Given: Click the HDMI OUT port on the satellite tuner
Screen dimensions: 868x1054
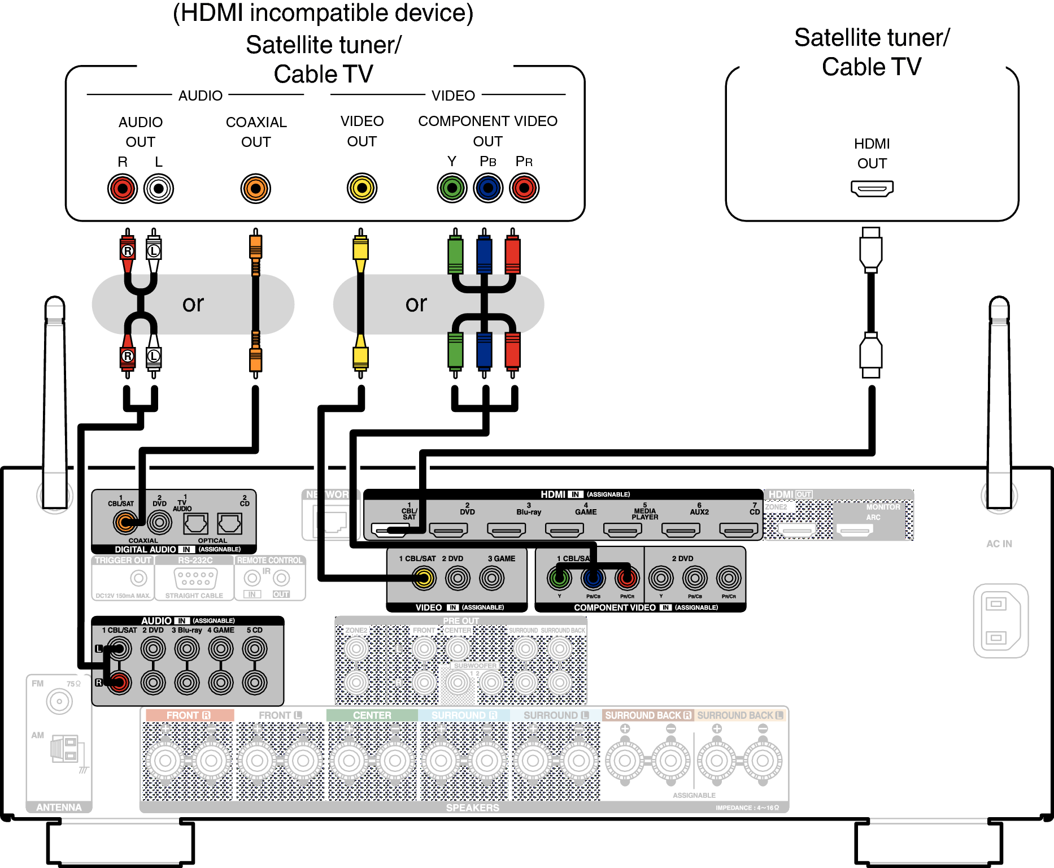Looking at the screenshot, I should pyautogui.click(x=872, y=188).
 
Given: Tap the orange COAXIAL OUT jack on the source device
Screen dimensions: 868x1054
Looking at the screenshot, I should pyautogui.click(x=255, y=188).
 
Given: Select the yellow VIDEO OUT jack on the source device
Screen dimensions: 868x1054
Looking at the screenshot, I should pyautogui.click(x=362, y=188).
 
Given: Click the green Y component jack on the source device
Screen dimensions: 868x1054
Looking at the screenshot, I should pyautogui.click(x=452, y=188).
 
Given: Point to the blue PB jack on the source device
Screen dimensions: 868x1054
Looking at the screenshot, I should pyautogui.click(x=488, y=188).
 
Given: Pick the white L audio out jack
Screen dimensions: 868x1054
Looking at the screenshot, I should pyautogui.click(x=159, y=188).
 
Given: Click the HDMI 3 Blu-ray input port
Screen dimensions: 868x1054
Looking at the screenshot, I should pyautogui.click(x=507, y=530).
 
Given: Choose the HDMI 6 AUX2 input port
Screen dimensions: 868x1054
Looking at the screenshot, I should pyautogui.click(x=681, y=530).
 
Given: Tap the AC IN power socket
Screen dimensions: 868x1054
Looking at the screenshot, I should pyautogui.click(x=1000, y=620).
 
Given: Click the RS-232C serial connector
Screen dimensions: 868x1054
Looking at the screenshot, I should pyautogui.click(x=195, y=578).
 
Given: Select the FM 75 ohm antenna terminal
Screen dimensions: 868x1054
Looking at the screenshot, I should pyautogui.click(x=59, y=702).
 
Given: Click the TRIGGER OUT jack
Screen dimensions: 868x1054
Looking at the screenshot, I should pyautogui.click(x=138, y=578).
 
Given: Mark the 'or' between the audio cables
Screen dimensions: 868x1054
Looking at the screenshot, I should pyautogui.click(x=193, y=304).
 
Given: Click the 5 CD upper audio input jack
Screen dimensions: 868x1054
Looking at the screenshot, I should pyautogui.click(x=255, y=649).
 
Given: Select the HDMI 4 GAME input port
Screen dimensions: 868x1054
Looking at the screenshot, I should pyautogui.click(x=564, y=530).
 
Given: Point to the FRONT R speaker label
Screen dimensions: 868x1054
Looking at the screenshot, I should pyautogui.click(x=189, y=715).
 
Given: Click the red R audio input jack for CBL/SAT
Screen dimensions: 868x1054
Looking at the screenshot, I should pyautogui.click(x=119, y=683).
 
